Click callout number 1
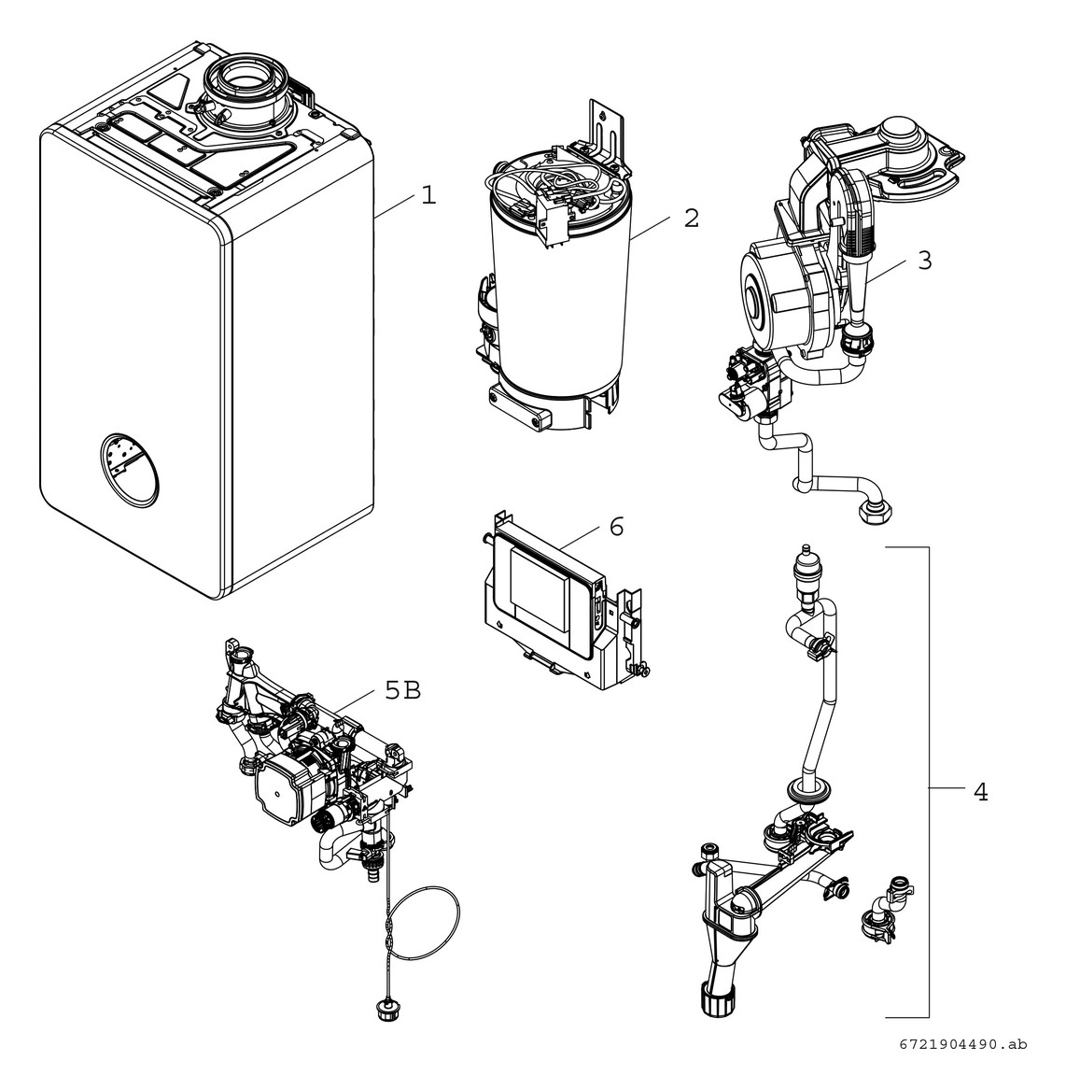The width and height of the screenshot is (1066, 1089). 427,196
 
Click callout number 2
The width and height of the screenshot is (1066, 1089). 691,218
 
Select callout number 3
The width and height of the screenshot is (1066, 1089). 923,261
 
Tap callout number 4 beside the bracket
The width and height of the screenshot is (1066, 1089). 979,792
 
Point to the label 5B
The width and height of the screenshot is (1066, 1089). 402,690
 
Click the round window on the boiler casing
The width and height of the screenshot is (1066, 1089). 128,470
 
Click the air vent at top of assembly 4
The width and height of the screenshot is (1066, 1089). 801,569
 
